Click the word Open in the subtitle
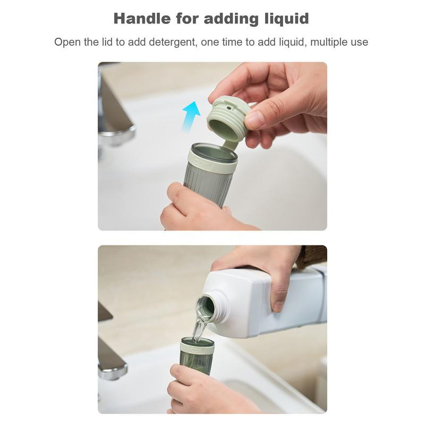(67, 42)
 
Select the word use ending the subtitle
(359, 42)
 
